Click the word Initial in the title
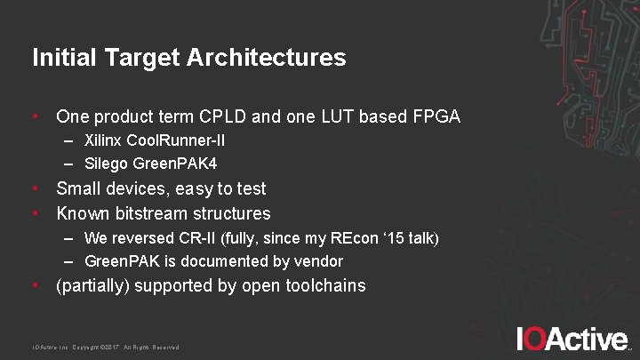tap(60, 58)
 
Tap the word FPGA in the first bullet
tap(436, 116)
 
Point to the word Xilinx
tap(104, 141)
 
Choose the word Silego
tap(106, 164)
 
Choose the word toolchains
tap(324, 286)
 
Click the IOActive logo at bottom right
tap(572, 339)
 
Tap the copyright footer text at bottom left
tap(106, 347)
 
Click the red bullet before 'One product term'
tap(35, 116)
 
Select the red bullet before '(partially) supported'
tap(35, 286)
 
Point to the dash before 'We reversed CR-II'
tap(68, 238)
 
